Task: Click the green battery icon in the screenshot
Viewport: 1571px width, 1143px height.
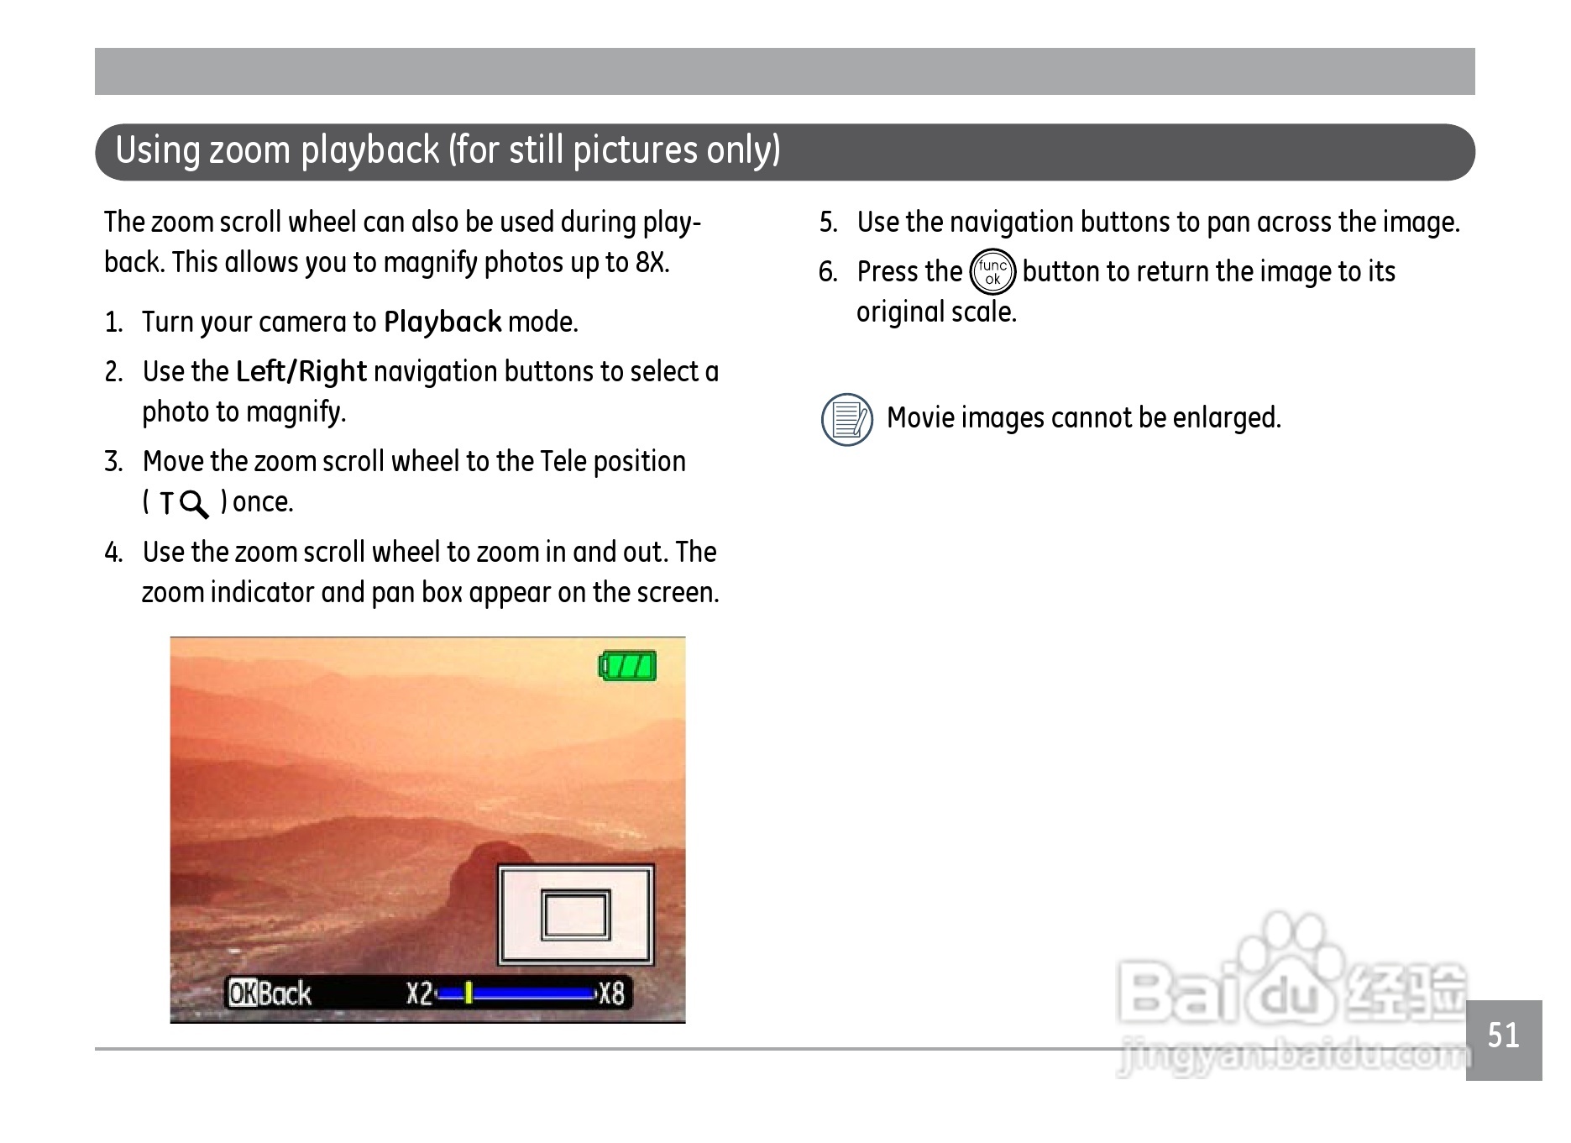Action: (x=627, y=665)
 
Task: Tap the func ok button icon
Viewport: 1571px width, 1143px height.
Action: (x=992, y=272)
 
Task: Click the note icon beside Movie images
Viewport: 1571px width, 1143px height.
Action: (x=847, y=419)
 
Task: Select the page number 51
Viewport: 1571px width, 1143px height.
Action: (x=1503, y=1035)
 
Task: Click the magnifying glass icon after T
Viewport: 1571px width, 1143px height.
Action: (x=195, y=504)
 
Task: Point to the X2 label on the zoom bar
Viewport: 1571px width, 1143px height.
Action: (x=420, y=994)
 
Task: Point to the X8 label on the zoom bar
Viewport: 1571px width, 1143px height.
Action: (x=611, y=994)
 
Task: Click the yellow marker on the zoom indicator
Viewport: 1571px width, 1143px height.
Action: (x=469, y=994)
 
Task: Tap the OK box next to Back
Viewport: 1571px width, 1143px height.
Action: (x=243, y=994)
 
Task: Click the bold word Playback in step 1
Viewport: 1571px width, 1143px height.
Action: (x=442, y=322)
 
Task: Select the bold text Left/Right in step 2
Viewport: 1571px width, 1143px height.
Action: (x=301, y=371)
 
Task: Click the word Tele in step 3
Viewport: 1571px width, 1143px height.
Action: (x=563, y=462)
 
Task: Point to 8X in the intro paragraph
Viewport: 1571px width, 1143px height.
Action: (x=651, y=263)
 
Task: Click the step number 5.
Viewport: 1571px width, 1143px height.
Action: (x=828, y=223)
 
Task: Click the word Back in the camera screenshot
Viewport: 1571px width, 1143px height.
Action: (x=285, y=994)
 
